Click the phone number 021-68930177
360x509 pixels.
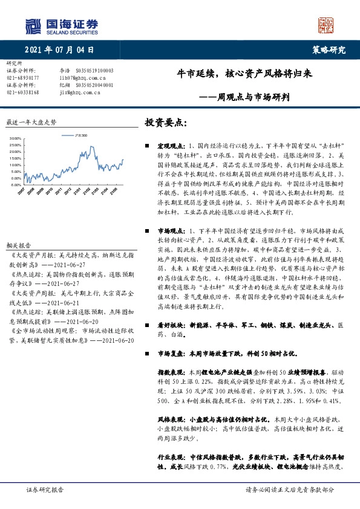(23, 78)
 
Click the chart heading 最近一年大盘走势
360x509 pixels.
(31, 122)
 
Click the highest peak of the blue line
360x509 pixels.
(90, 147)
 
